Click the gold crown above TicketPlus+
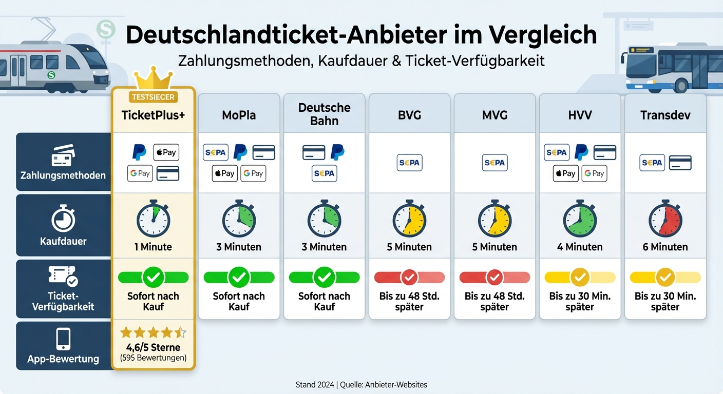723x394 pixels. tap(153, 78)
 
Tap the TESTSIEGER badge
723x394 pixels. tap(153, 97)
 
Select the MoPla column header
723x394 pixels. tap(239, 115)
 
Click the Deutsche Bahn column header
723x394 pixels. tap(324, 114)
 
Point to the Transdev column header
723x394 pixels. tap(665, 115)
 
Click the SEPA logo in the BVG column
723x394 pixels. tap(409, 163)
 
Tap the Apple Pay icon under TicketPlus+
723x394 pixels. tap(166, 152)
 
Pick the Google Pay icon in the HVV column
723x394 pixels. tap(594, 173)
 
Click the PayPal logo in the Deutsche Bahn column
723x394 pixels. tap(337, 152)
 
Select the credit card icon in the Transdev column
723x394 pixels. tap(680, 163)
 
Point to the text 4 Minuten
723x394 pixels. tap(580, 247)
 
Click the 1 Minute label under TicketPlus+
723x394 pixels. tap(153, 247)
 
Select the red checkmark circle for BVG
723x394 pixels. tap(409, 278)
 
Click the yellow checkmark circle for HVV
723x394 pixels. tap(580, 278)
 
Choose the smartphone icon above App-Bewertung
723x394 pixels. tap(63, 339)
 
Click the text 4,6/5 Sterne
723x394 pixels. tap(153, 347)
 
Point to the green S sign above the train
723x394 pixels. tap(106, 29)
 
